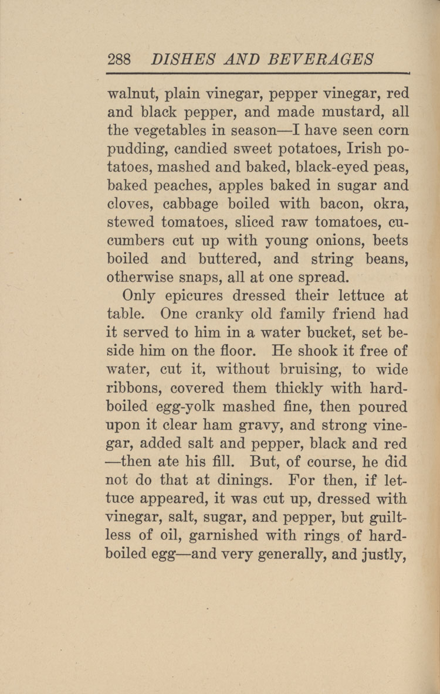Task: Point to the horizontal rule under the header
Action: click(257, 74)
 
